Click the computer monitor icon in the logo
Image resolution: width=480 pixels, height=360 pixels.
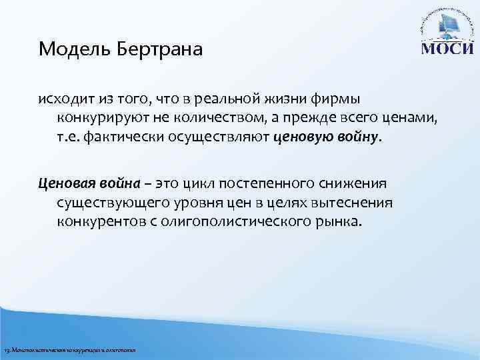446,29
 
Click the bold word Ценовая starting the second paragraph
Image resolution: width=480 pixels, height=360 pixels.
66,183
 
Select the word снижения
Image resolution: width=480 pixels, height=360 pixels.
355,183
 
